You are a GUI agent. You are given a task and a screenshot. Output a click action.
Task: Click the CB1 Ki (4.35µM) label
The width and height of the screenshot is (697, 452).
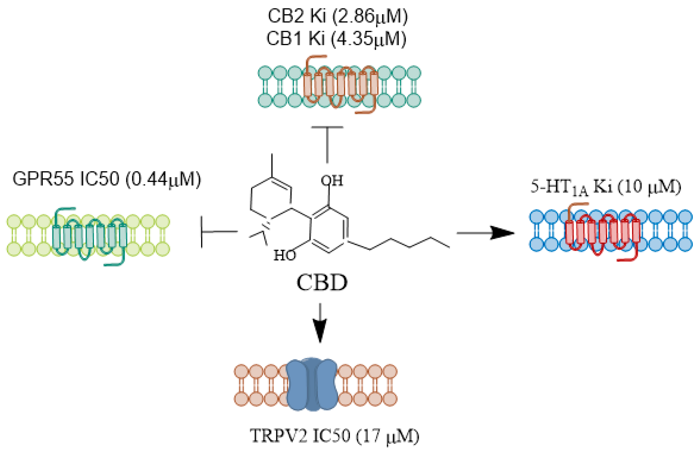tap(336, 39)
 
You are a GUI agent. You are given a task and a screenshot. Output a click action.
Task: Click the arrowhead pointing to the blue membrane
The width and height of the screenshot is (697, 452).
tap(502, 233)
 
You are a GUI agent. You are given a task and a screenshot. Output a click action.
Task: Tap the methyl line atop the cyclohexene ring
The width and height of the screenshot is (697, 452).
tap(272, 165)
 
